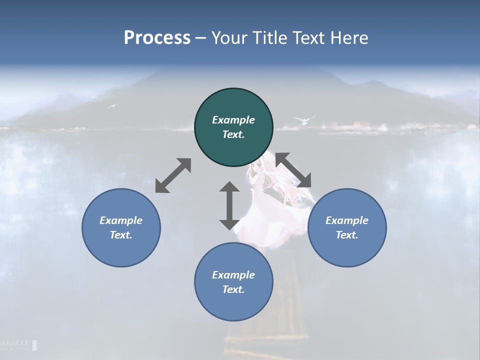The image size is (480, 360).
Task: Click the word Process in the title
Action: coord(157,38)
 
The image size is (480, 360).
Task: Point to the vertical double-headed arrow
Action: coord(229,205)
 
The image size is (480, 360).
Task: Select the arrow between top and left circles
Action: coord(173,175)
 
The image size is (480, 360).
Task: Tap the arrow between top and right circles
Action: coord(293,170)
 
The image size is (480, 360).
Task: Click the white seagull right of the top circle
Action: coord(304,119)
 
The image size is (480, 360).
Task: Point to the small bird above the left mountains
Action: coord(112,105)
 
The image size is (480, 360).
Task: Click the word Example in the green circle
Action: coord(233,120)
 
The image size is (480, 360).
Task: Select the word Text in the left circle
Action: coord(121,235)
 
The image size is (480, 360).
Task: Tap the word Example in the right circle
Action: coord(347,220)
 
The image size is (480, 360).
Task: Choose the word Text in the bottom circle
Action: coord(233,289)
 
